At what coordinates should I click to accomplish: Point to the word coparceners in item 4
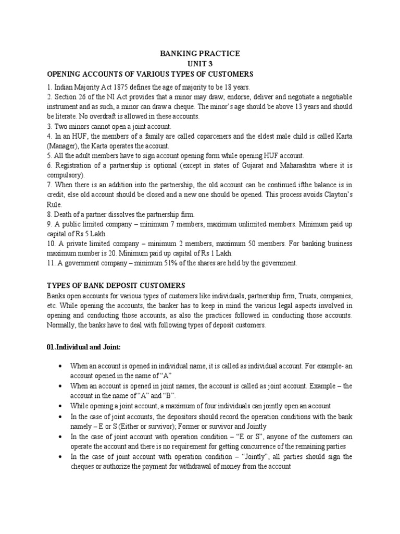(199, 136)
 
